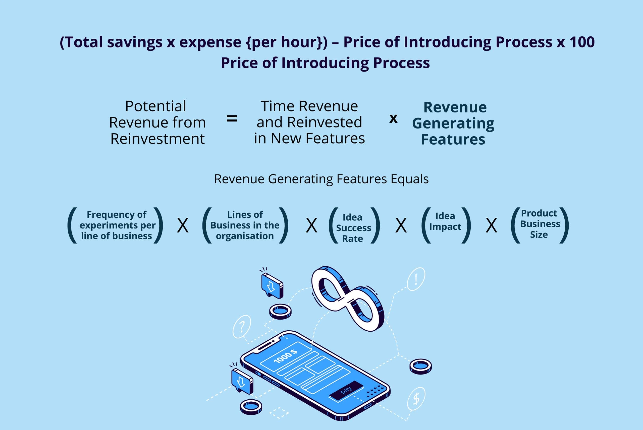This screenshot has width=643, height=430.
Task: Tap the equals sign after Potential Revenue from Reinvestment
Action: click(x=232, y=119)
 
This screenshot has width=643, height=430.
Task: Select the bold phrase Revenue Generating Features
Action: click(x=453, y=123)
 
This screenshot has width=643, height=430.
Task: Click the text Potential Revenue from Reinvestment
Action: click(x=157, y=122)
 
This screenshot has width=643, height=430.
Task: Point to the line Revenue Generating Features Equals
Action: click(x=321, y=179)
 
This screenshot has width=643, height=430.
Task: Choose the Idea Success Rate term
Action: click(x=353, y=228)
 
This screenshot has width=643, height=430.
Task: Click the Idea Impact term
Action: click(x=445, y=221)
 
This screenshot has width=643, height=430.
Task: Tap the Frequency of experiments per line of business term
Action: click(x=117, y=225)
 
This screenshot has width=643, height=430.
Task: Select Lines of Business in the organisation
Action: click(x=245, y=225)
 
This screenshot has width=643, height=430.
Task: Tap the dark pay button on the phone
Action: click(x=346, y=390)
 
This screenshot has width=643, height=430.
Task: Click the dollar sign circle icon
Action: click(x=416, y=398)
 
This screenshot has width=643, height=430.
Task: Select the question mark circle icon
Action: click(x=242, y=327)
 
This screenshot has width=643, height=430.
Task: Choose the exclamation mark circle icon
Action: click(x=416, y=279)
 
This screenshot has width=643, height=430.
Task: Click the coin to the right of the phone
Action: click(x=420, y=366)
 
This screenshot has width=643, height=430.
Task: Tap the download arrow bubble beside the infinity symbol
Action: click(x=272, y=285)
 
